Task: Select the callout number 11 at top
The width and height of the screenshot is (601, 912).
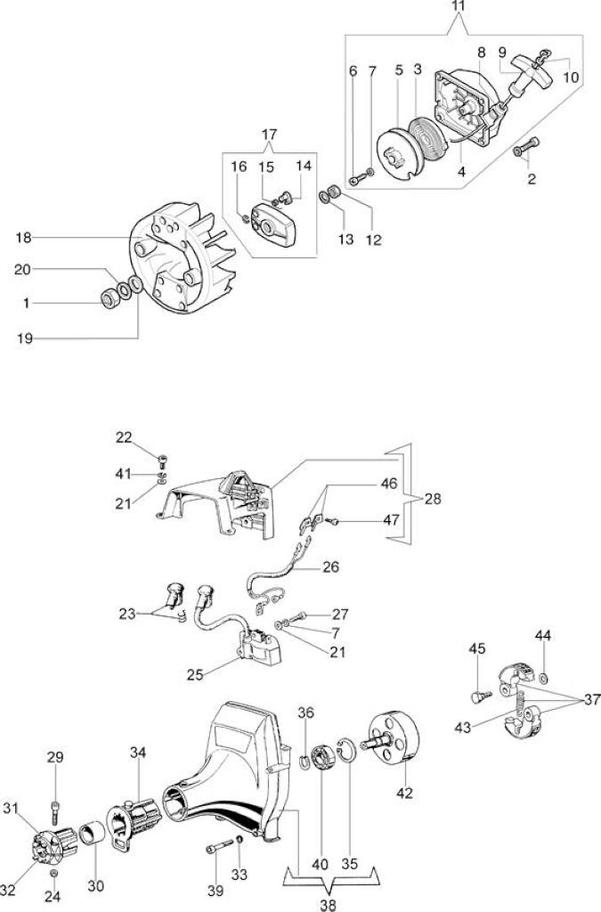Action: click(459, 8)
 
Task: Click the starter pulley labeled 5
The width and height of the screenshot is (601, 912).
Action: click(397, 153)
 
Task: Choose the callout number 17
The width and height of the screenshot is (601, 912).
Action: click(270, 134)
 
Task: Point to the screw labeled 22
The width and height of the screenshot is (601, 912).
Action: click(163, 462)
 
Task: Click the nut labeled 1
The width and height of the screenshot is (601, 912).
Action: click(110, 298)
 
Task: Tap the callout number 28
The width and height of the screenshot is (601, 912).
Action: click(433, 499)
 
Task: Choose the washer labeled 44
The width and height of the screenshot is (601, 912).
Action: click(544, 677)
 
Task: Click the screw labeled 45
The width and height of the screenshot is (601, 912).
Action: click(479, 695)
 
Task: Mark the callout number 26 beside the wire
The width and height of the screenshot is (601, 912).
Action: click(330, 566)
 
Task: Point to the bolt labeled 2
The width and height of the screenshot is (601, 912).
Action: click(526, 146)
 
